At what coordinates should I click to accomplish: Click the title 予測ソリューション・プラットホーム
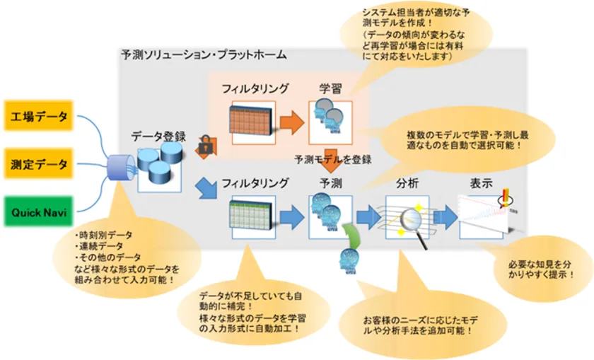tap(204, 54)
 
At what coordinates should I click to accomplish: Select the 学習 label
tap(330, 89)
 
